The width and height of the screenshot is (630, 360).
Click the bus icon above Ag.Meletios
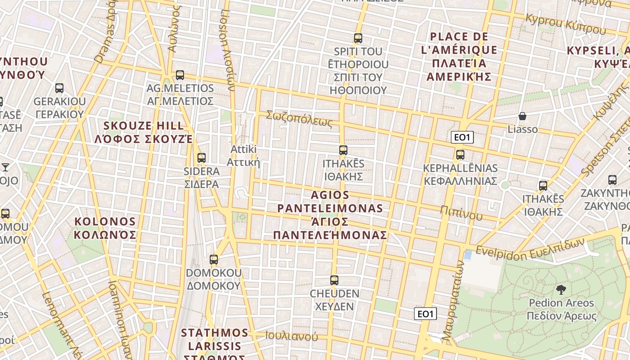[x=180, y=75]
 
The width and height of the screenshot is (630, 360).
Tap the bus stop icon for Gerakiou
[x=59, y=88]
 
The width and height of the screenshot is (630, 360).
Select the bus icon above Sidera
[x=202, y=158]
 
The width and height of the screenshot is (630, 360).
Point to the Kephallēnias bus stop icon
[x=460, y=155]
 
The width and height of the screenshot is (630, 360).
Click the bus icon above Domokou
[x=214, y=260]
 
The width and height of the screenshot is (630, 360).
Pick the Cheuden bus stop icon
[x=334, y=280]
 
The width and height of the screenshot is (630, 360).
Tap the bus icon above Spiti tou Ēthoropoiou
[x=358, y=38]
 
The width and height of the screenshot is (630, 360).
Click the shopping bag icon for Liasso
[x=522, y=117]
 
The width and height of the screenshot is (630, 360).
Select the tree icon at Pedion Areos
[x=561, y=290]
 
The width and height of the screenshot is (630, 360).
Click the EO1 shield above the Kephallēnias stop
[x=462, y=138]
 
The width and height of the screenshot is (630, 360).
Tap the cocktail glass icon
[x=5, y=167]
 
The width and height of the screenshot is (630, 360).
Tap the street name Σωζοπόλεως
[x=299, y=118]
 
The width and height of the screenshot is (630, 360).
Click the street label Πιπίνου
[x=461, y=212]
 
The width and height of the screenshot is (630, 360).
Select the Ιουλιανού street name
[x=292, y=336]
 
